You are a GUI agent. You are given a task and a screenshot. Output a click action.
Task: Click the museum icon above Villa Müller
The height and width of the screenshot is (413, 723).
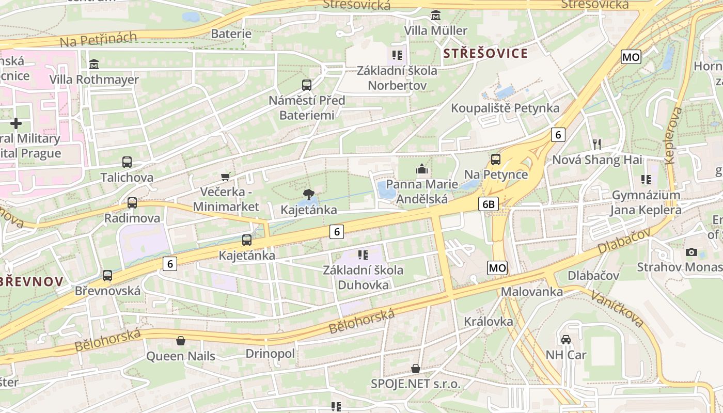436,15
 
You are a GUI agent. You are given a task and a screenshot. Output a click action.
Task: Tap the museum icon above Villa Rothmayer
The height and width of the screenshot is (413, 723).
94,65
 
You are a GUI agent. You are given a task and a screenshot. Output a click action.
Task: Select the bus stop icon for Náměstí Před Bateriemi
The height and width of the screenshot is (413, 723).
307,85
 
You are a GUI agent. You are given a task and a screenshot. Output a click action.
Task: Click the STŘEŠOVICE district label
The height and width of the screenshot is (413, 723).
485,53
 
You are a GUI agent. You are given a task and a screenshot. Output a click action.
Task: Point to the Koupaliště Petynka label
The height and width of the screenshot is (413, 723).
505,108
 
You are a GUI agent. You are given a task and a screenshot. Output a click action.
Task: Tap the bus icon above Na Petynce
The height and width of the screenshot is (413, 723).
496,160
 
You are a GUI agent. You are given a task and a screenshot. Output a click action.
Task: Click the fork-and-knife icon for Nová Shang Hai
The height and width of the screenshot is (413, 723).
597,144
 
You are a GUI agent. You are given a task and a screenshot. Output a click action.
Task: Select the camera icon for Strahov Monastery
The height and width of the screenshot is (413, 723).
691,252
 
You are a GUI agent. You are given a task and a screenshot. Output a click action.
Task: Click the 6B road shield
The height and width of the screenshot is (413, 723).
489,204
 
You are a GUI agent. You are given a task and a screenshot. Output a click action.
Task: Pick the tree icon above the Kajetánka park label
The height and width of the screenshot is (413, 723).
308,195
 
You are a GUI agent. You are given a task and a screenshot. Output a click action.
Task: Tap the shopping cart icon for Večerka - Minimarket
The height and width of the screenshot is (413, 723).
225,177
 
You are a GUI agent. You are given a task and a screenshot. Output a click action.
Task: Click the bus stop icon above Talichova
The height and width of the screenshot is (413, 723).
127,162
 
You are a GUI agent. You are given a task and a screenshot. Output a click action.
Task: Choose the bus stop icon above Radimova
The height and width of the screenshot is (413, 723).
132,203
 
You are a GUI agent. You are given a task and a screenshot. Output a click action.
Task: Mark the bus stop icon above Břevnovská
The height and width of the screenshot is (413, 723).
107,276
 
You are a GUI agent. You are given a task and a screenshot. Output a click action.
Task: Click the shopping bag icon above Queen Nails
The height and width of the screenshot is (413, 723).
181,341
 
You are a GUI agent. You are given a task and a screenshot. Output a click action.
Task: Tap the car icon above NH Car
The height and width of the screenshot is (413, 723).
566,339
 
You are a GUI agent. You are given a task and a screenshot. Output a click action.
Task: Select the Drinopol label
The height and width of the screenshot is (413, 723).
270,354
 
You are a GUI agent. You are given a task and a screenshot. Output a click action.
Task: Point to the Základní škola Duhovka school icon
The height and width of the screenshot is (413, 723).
363,255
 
